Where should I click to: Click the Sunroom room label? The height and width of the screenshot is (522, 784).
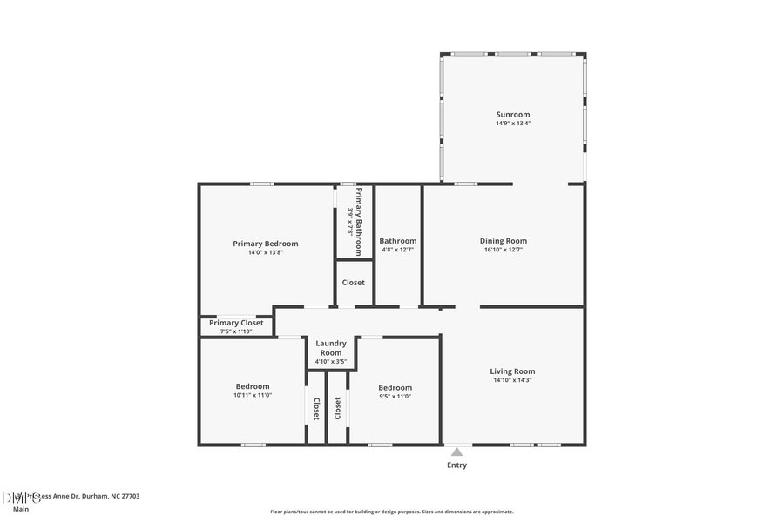(512, 114)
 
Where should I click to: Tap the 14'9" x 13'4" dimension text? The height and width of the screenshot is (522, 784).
(512, 124)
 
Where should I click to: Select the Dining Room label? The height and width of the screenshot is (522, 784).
(504, 241)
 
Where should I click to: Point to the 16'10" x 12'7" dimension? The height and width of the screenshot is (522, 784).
(504, 250)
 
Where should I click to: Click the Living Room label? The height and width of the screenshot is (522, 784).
(512, 371)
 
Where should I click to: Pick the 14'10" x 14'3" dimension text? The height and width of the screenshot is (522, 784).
(512, 379)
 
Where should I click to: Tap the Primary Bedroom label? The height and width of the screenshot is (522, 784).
(265, 244)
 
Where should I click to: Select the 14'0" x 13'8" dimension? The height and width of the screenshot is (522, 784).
(265, 252)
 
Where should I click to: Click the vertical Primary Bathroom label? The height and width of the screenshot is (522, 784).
(356, 222)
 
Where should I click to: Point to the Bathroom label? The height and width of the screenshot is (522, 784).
(397, 241)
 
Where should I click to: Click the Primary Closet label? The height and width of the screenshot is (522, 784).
(236, 323)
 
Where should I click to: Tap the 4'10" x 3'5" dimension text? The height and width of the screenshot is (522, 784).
(331, 361)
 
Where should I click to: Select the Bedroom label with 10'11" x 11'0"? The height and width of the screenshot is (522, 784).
(253, 386)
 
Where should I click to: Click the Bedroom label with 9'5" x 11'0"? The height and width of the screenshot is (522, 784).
(395, 387)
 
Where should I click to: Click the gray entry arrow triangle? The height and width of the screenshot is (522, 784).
(456, 451)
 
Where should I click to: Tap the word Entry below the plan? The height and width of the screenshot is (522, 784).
(456, 465)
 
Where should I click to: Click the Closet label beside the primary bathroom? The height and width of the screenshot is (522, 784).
(353, 283)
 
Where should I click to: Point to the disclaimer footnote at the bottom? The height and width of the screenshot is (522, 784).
(391, 512)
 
